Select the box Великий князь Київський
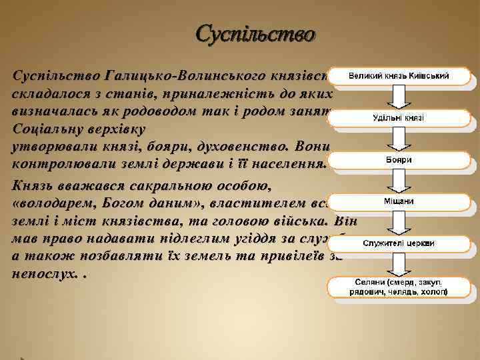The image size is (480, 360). [x=399, y=76]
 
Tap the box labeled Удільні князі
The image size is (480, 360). [x=399, y=118]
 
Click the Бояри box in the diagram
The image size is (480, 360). [x=399, y=161]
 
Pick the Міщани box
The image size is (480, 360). [x=399, y=202]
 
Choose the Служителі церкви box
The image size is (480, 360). [x=399, y=243]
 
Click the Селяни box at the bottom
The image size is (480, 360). [x=399, y=287]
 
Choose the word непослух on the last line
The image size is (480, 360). [x=41, y=275]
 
